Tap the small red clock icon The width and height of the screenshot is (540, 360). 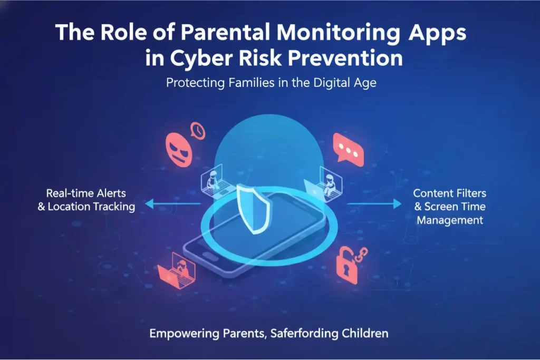(x=198, y=130)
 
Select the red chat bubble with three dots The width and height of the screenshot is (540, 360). (x=349, y=149)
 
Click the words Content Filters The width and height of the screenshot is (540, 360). (x=449, y=193)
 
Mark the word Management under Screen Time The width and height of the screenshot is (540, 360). (x=450, y=220)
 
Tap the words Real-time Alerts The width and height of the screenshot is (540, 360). (x=86, y=193)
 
